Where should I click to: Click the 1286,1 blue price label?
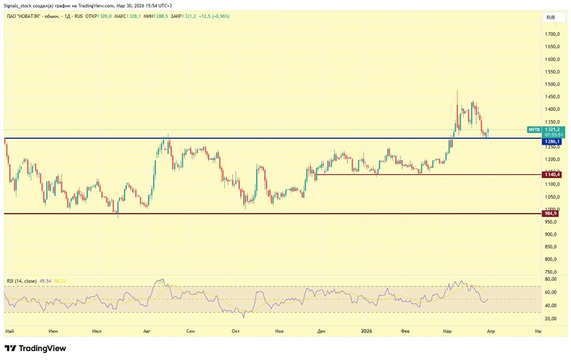[551, 141]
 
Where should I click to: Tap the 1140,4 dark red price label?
[551, 174]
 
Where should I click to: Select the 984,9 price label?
[551, 213]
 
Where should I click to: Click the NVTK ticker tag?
[534, 130]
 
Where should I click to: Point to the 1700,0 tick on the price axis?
[551, 34]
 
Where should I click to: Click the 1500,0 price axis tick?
[551, 85]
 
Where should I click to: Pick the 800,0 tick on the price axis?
[551, 247]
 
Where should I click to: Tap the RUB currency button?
[550, 18]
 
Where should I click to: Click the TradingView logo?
[35, 348]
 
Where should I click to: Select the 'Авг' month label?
[147, 331]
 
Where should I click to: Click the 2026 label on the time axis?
[367, 331]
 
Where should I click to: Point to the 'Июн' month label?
[53, 331]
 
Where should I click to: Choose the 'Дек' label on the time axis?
[321, 331]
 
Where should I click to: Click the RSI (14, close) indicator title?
[22, 281]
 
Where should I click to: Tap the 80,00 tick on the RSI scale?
[551, 279]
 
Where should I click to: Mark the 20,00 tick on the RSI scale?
[551, 319]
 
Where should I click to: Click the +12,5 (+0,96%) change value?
[212, 16]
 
